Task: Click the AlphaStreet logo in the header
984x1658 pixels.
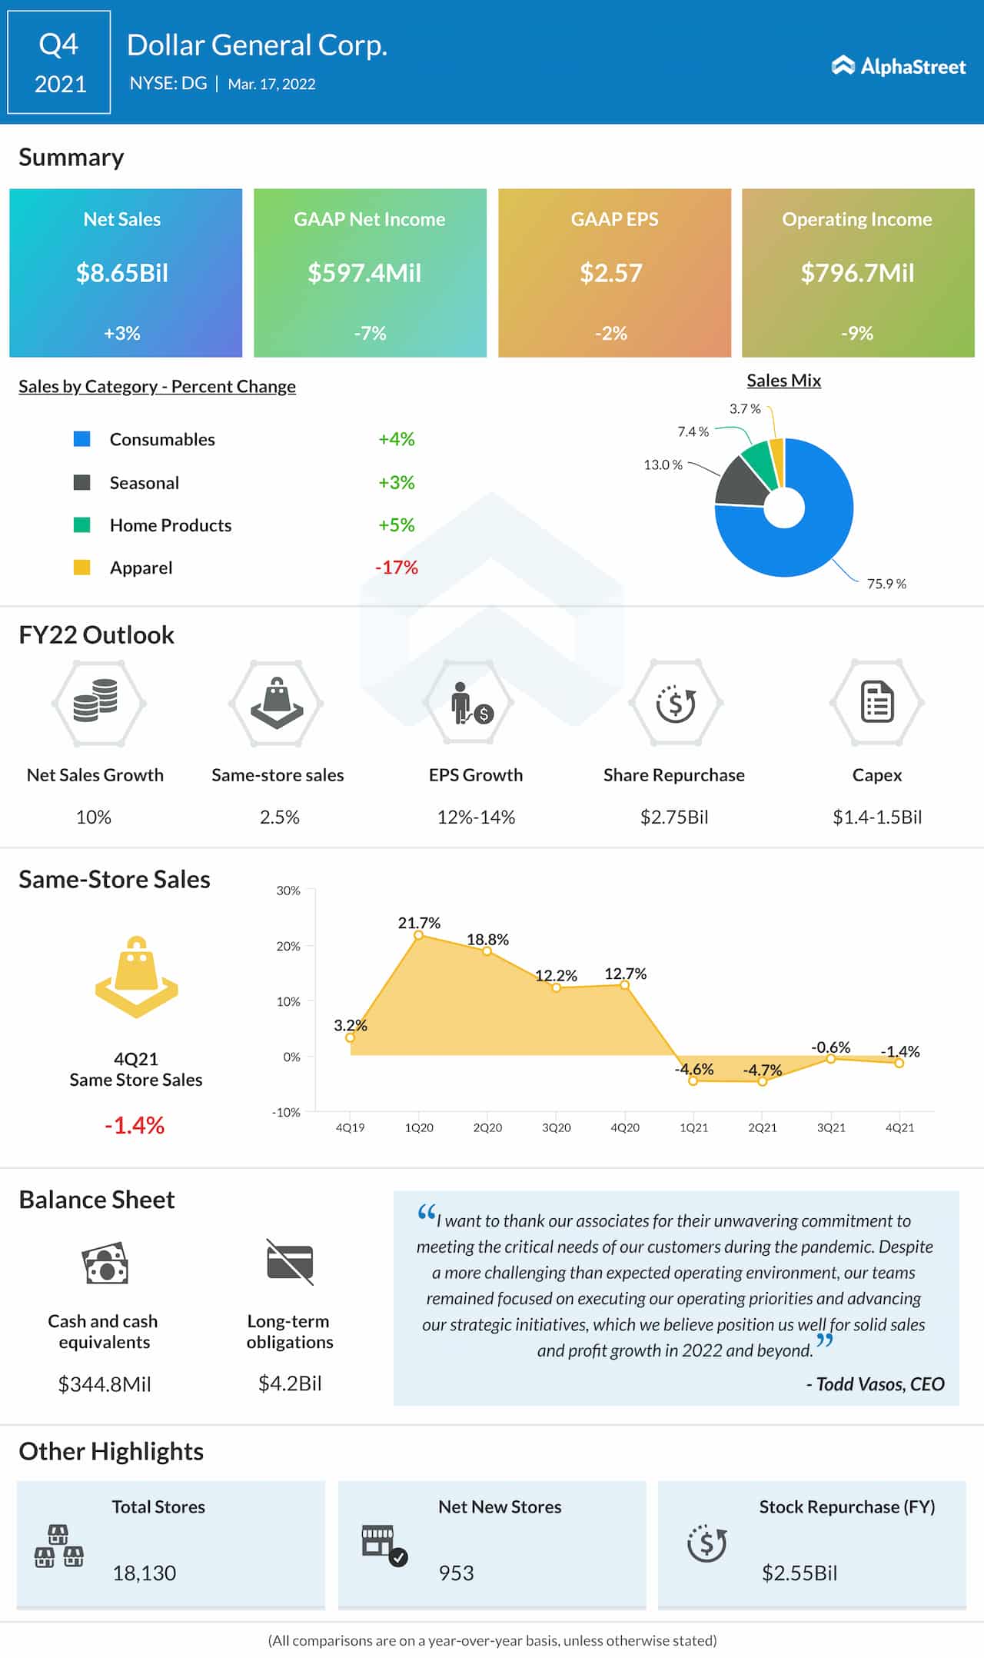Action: (898, 67)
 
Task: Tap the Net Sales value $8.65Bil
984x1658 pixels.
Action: (122, 273)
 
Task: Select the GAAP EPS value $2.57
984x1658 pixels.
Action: (610, 273)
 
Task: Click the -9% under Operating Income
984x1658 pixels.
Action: (856, 333)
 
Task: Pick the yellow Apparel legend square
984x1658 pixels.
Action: (81, 568)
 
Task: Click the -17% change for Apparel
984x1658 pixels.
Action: (396, 568)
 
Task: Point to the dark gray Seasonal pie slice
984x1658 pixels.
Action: (742, 483)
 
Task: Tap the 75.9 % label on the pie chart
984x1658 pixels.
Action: (886, 584)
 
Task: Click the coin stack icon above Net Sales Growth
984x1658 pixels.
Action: (96, 701)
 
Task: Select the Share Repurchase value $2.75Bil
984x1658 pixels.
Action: (674, 817)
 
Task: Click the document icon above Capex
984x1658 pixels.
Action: (877, 701)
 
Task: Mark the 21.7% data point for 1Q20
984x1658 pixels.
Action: (419, 935)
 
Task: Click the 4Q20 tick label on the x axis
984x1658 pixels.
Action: (625, 1127)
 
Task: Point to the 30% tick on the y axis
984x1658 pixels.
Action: (288, 891)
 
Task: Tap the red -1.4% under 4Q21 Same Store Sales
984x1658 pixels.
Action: (135, 1125)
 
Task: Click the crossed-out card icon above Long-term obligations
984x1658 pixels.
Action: (290, 1262)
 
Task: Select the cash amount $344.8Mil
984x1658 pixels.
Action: (105, 1384)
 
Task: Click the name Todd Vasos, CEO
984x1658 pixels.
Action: (875, 1384)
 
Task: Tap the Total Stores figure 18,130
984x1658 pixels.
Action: (145, 1573)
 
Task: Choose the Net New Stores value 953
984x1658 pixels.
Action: (456, 1573)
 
